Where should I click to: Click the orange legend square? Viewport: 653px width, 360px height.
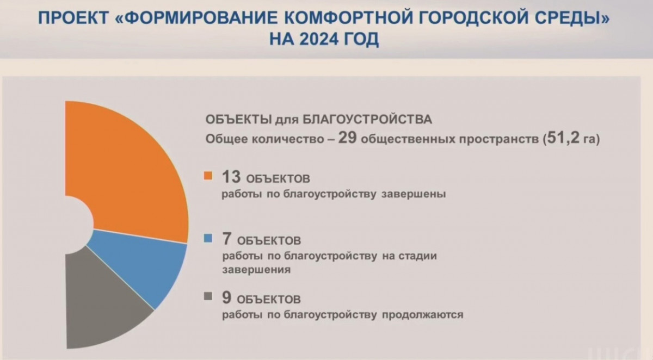tap(208, 176)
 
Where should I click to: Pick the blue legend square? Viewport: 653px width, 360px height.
tap(208, 238)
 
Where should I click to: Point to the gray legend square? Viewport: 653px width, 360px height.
tap(208, 296)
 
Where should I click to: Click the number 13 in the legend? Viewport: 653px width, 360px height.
tap(231, 177)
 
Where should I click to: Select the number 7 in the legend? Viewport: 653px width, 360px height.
tap(227, 239)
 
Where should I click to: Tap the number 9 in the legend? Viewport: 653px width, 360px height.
tap(227, 297)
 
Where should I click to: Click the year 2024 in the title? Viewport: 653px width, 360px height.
tap(319, 39)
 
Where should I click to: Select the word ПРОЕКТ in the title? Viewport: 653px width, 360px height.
tap(73, 18)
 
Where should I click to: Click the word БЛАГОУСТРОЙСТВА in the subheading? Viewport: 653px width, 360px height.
tap(367, 120)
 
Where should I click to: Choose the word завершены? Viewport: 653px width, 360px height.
tap(414, 194)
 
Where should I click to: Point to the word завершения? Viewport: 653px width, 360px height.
tap(256, 270)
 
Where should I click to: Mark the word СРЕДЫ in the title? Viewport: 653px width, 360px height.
tap(576, 18)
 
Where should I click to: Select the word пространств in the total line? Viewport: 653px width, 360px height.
tap(499, 139)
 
